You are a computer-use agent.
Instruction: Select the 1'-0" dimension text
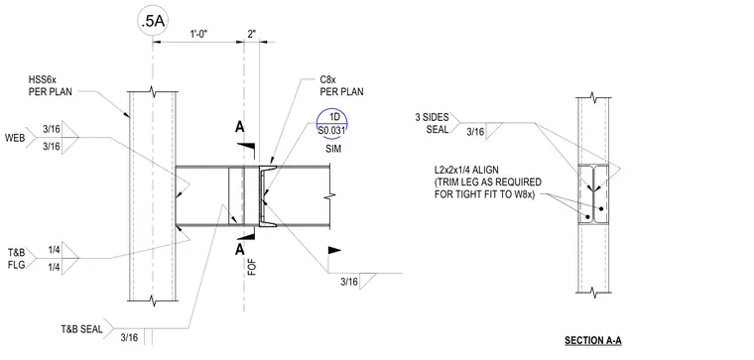(198, 35)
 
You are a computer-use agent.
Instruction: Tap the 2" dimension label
(251, 34)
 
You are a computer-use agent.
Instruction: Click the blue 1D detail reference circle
(332, 124)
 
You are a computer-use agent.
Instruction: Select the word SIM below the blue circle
(332, 149)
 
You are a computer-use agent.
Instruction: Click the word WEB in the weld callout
(15, 138)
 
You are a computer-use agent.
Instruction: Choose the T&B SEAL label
(81, 329)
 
